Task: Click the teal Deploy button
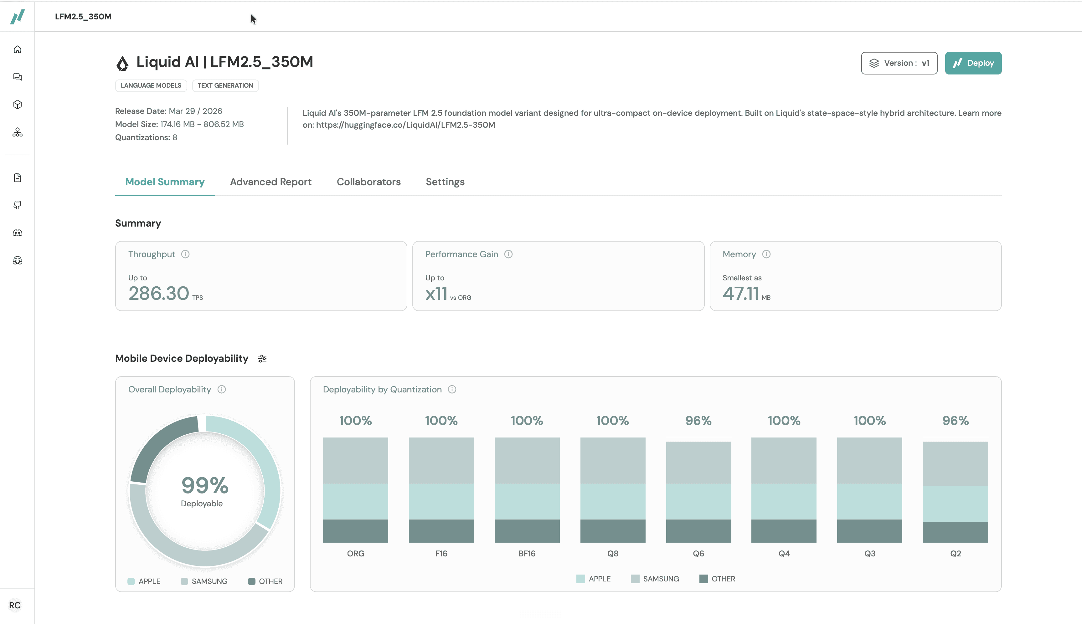973,63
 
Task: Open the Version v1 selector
899,63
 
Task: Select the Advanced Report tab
270,182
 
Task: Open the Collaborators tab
369,182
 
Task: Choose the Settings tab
445,182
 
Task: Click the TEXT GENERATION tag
225,85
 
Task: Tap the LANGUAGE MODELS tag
151,85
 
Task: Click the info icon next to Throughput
185,254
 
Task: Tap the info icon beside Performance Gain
508,254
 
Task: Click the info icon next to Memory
766,254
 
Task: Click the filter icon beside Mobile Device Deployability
262,359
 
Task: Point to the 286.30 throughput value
159,294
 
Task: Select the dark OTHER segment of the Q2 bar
955,532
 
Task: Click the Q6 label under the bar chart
698,553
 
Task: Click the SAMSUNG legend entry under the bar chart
655,579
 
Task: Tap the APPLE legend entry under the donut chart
144,581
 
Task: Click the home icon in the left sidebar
18,50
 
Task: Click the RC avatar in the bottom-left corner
15,605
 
